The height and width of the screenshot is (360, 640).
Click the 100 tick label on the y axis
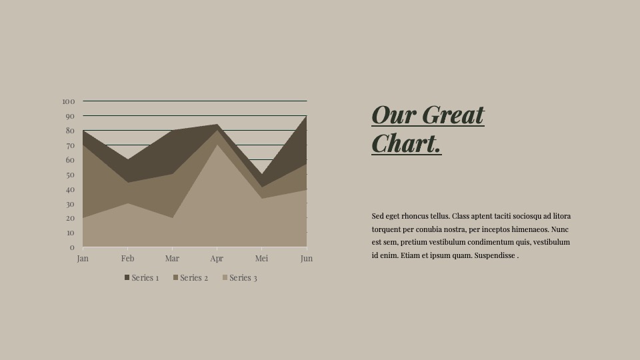tap(69, 101)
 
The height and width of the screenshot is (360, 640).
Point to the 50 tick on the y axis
tap(70, 175)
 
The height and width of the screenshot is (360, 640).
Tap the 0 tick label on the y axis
tap(72, 247)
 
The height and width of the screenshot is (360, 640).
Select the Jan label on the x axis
tap(83, 259)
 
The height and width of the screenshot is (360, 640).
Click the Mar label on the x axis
tap(172, 259)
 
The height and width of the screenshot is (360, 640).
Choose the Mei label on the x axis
tap(261, 259)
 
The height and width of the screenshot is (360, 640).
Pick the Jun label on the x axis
tap(307, 259)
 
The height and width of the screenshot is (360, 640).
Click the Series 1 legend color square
tap(127, 277)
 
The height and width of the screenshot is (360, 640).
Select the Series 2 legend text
tap(194, 277)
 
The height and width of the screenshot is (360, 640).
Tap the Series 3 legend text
tap(243, 277)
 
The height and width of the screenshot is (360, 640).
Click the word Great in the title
tap(453, 115)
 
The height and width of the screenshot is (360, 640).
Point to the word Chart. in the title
tap(407, 143)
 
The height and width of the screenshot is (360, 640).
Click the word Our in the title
tap(394, 115)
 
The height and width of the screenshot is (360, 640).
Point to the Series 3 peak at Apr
tap(217, 145)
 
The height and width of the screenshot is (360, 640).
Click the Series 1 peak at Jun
tap(306, 116)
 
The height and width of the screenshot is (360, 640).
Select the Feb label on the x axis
tap(127, 259)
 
